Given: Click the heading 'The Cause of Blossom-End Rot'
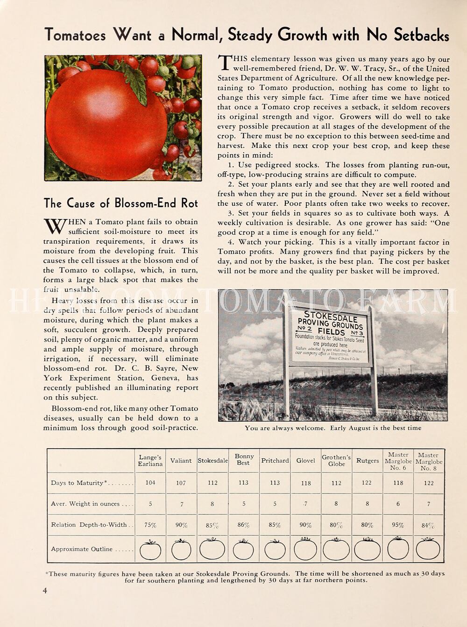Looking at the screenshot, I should click(x=120, y=203).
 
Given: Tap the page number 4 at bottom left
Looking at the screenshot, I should click(x=45, y=591).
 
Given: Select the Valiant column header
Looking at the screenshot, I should click(x=181, y=460).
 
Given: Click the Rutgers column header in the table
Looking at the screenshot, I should click(x=368, y=460).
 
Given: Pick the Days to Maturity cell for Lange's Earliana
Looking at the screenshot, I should click(x=150, y=483).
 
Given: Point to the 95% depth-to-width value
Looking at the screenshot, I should click(x=398, y=525).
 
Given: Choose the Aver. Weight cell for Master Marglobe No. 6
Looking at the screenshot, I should click(x=398, y=504).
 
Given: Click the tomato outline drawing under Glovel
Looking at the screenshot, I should click(x=305, y=549).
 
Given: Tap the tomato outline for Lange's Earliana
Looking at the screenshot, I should click(x=150, y=550).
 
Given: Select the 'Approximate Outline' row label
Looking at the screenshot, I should click(x=82, y=549).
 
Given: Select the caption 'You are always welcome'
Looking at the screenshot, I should click(x=333, y=428).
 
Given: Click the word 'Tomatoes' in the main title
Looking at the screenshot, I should click(x=75, y=35).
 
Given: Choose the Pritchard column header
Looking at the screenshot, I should click(x=275, y=460).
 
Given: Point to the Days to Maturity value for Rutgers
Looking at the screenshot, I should click(x=367, y=483).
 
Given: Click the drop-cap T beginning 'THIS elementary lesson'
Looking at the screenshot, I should click(x=225, y=62).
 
